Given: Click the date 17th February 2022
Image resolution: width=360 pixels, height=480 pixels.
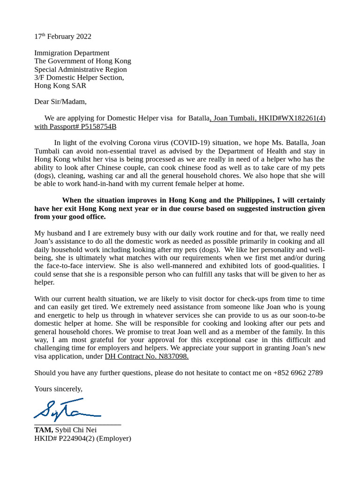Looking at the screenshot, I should click(63, 37).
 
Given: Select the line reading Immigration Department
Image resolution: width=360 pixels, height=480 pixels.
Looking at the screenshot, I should click(72, 53).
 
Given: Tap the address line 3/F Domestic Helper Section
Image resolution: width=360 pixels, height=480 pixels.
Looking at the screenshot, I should click(79, 77).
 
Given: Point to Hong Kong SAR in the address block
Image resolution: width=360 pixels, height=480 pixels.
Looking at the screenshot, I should click(60, 86).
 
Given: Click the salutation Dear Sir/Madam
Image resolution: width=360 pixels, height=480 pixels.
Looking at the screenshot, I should click(60, 102).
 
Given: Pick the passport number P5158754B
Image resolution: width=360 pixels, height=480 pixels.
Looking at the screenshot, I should click(98, 127).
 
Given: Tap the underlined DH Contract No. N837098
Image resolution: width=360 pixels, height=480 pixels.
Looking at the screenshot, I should click(147, 356).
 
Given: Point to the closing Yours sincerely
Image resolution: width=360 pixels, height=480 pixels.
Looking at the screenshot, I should click(58, 389).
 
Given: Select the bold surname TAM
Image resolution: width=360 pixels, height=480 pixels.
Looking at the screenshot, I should click(44, 430).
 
